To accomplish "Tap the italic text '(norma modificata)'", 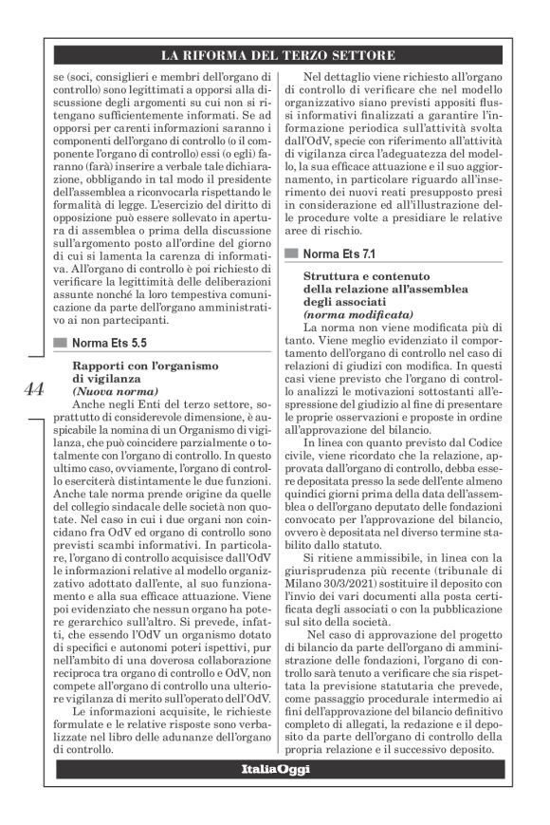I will (x=357, y=312).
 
